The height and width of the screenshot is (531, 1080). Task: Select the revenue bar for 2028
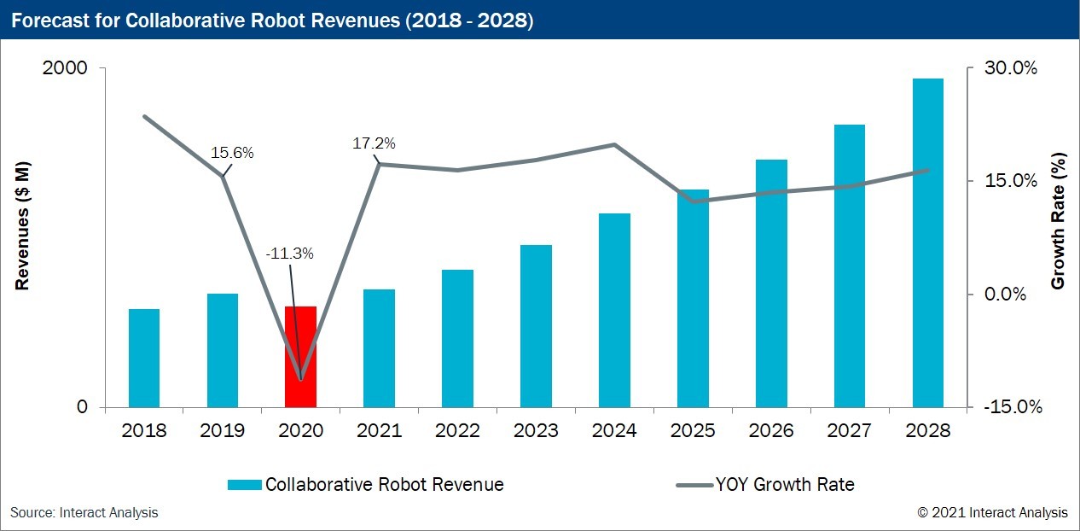click(928, 242)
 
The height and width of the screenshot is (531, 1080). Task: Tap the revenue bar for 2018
click(144, 358)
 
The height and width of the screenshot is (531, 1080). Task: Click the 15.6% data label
click(232, 154)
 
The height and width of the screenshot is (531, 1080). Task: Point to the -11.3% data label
click(289, 254)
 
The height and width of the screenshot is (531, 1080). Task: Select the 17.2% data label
click(374, 143)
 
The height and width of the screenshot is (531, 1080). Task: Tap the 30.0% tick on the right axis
click(1011, 68)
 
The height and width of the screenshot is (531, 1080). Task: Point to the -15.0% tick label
click(1013, 407)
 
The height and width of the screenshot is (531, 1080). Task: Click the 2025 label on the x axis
click(692, 430)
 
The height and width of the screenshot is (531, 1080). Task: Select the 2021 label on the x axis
click(379, 430)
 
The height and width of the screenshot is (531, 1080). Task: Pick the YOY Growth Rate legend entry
click(764, 485)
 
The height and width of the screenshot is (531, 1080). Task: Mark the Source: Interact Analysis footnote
click(84, 512)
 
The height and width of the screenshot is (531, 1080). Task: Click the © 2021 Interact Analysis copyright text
click(992, 512)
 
